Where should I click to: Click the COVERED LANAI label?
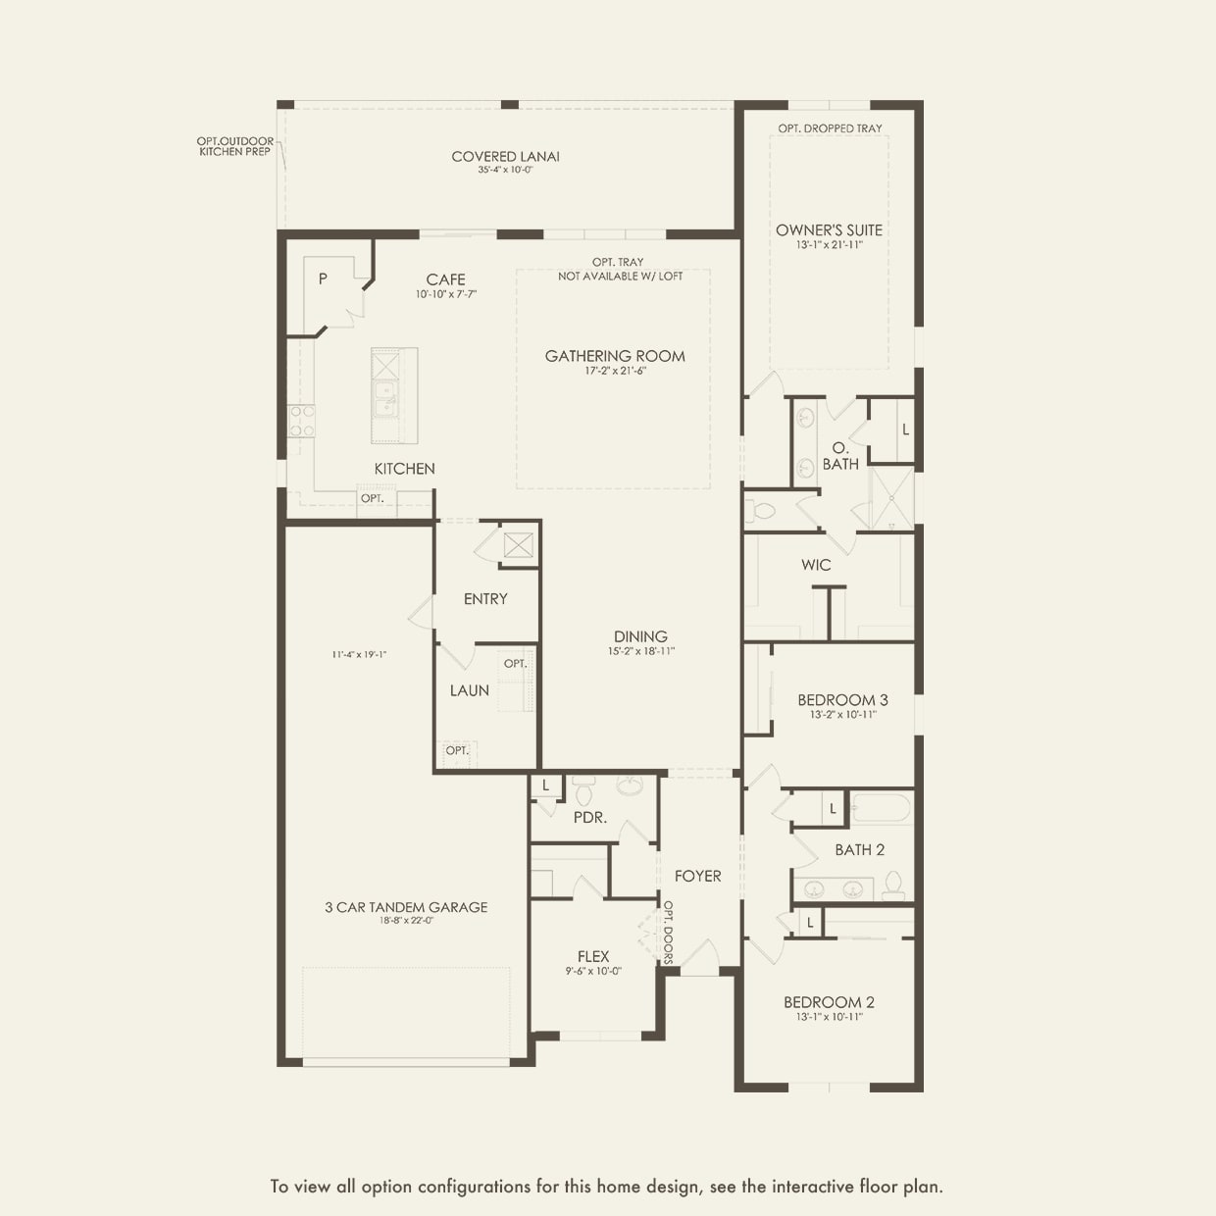coord(505,156)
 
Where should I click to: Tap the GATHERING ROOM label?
coord(615,356)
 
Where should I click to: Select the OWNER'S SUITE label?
coord(829,229)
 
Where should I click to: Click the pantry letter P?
coord(323,279)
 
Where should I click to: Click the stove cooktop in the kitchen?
coord(301,421)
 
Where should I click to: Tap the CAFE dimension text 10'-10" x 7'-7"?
coord(446,294)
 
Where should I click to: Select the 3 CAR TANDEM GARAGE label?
coord(406,907)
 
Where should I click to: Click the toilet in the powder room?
coord(584,789)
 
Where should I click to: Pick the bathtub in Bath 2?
coord(881,809)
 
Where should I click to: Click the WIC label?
coord(816,565)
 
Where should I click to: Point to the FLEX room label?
coord(593,956)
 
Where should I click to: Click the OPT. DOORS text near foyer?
coord(669,932)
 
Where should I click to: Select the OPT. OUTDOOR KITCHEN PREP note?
coord(235,146)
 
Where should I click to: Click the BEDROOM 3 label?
coord(842,700)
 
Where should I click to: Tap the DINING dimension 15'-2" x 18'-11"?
coord(641,651)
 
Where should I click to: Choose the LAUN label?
coord(470,690)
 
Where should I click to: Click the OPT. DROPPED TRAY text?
coord(830,128)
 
